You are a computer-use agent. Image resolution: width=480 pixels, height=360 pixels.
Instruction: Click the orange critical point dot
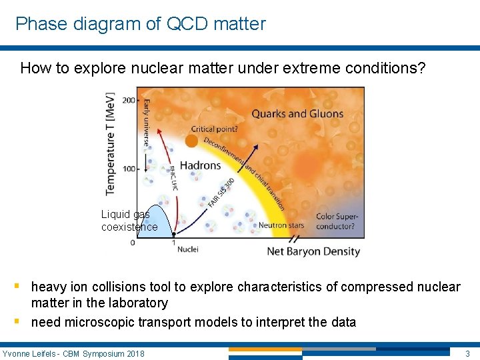click(191, 141)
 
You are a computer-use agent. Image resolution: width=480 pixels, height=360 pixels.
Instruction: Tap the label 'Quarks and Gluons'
click(297, 113)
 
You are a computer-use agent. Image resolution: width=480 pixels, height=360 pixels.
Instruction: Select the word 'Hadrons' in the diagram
click(200, 165)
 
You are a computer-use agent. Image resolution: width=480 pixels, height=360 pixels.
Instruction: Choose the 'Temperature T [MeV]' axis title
click(110, 143)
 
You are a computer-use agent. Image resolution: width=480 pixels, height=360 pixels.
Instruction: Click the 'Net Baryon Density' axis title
click(313, 251)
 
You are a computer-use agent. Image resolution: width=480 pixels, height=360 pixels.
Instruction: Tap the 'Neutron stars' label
click(281, 225)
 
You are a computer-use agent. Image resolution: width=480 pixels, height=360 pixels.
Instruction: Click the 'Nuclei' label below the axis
click(187, 249)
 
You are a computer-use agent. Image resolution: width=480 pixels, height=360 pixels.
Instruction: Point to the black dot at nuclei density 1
click(173, 234)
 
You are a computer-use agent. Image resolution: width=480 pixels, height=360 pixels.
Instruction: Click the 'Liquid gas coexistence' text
click(129, 221)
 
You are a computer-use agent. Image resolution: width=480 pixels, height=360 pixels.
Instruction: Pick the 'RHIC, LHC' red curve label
click(174, 177)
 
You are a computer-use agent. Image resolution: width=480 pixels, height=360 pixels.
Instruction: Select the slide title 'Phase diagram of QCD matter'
click(141, 24)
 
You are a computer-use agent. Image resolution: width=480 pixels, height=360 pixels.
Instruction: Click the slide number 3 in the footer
click(467, 353)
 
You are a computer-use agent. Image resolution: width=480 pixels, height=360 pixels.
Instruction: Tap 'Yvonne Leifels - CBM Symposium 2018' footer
click(73, 353)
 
